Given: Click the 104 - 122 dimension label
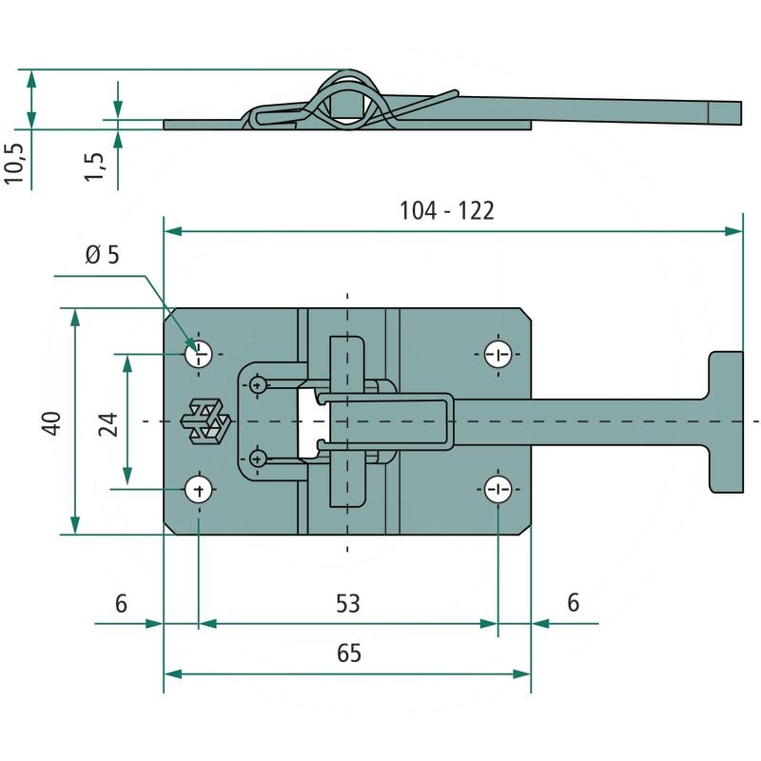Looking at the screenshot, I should (x=446, y=210).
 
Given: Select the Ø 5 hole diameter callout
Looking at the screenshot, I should (x=101, y=255).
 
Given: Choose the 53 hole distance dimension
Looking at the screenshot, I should (x=348, y=603).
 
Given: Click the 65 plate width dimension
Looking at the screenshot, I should (x=348, y=654).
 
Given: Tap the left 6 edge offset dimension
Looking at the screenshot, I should (x=120, y=603).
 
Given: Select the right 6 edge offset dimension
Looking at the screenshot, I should (x=573, y=603).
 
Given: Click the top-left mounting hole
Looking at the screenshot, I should (x=198, y=355).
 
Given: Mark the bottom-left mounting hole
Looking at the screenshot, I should (x=198, y=490).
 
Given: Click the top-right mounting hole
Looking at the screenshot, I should (x=498, y=355).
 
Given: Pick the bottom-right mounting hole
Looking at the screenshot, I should (x=498, y=490).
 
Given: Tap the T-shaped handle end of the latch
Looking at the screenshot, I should (x=725, y=421).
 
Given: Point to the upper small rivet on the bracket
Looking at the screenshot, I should (x=258, y=384).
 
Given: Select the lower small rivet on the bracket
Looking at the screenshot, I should (x=258, y=459).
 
